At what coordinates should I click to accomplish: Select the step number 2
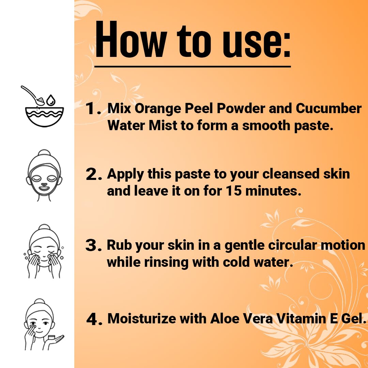point(94,174)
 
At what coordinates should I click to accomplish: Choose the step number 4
point(94,319)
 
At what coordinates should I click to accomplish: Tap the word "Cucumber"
point(328,108)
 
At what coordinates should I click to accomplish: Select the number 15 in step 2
point(233,190)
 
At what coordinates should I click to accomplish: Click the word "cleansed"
point(291,174)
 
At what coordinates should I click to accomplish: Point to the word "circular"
point(292,245)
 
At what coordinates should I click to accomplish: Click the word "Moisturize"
point(141,319)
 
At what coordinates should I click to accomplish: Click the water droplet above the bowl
point(51,100)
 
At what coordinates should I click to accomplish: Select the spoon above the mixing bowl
point(33,95)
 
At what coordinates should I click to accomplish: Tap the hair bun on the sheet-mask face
point(44,153)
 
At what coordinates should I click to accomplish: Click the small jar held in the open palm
point(51,337)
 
